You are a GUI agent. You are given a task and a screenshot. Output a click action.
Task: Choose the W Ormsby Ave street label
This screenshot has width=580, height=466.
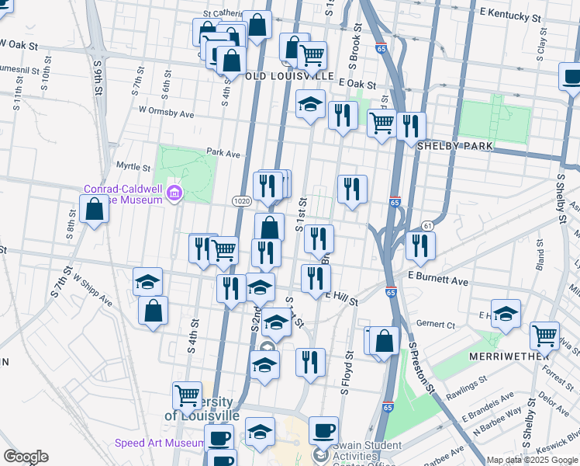(166, 112)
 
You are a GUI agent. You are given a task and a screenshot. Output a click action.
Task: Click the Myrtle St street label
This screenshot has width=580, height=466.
(133, 166)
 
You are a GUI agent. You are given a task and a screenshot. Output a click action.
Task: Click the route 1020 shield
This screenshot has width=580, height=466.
(240, 200)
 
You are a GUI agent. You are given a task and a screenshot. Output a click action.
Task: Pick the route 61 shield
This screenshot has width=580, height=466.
(427, 225)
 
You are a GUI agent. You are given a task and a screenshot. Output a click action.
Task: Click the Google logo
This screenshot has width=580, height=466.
(25, 457)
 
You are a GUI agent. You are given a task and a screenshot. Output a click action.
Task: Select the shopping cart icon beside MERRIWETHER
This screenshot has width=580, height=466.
(545, 336)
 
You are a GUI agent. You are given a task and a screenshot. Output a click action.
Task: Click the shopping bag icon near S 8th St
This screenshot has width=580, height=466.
(94, 208)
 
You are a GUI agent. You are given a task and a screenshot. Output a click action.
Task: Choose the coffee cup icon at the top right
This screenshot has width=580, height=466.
(571, 77)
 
